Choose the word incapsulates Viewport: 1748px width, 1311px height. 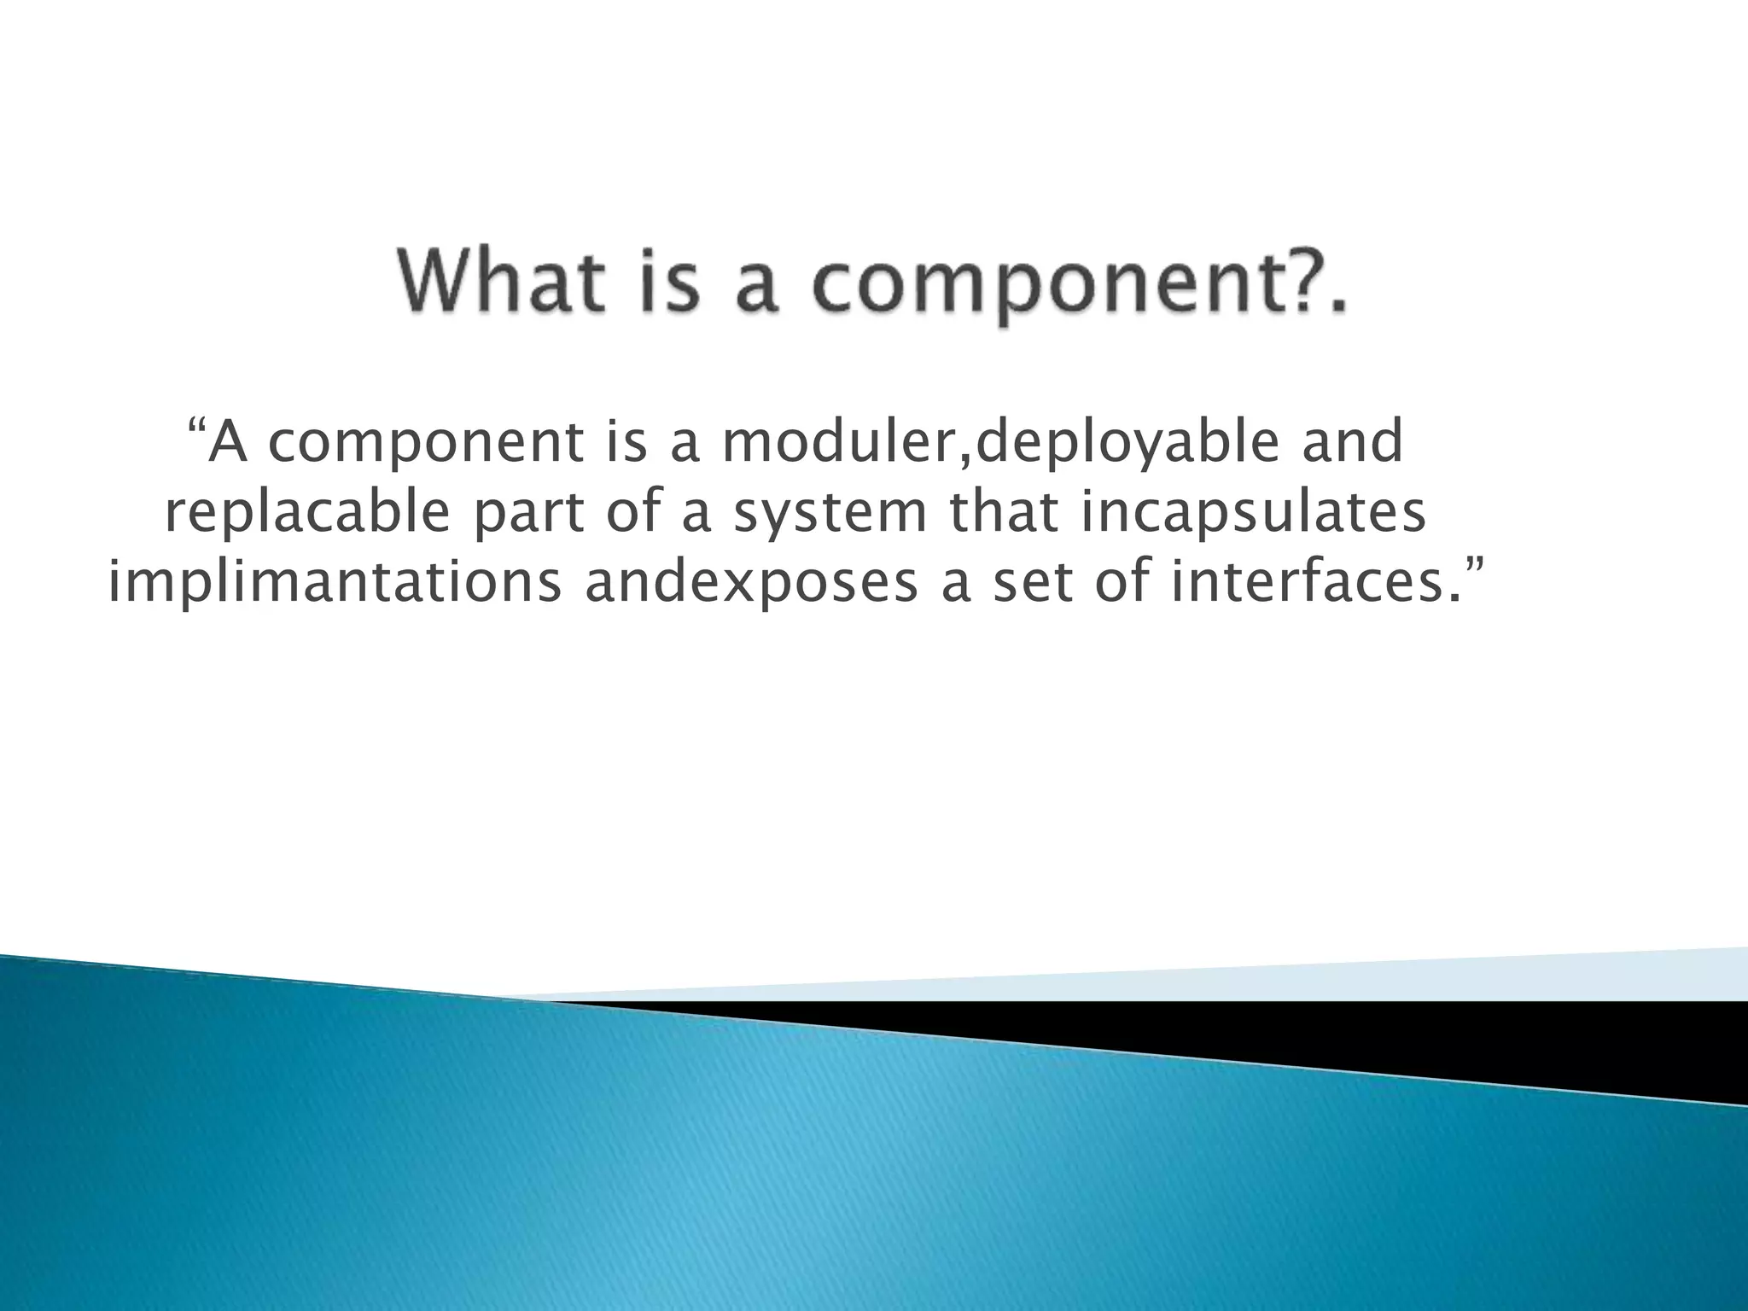coord(1254,515)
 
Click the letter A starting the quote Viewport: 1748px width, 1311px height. coord(229,442)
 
